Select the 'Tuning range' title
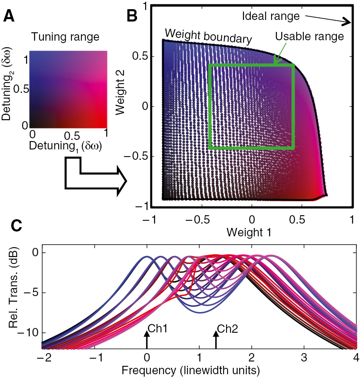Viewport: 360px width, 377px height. coord(66,38)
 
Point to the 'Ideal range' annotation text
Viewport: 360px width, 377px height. coord(271,16)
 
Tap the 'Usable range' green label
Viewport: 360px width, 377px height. coord(309,37)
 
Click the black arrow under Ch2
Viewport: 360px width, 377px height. coord(216,340)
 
